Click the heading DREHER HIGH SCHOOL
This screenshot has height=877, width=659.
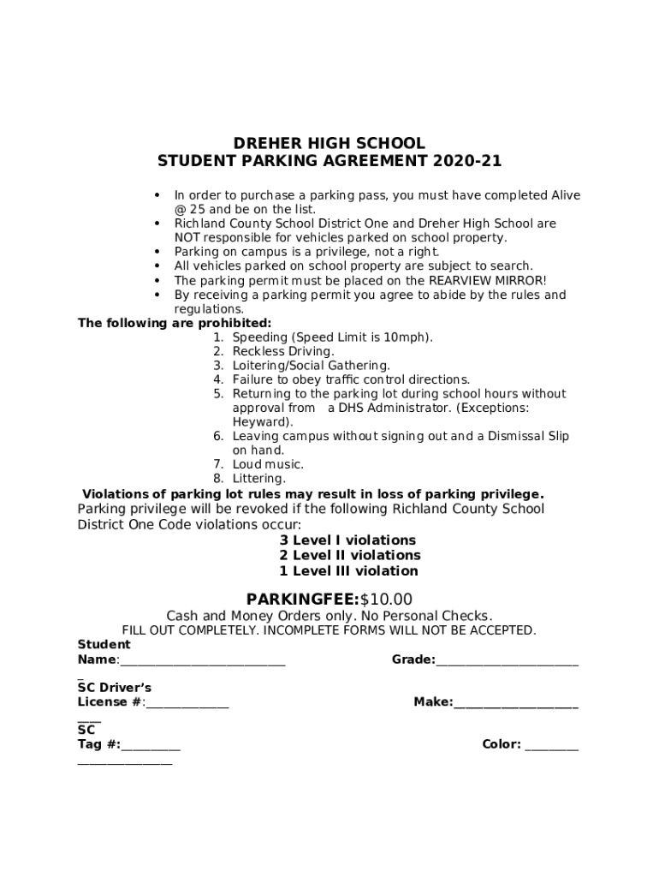click(329, 143)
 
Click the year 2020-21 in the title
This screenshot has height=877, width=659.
click(467, 161)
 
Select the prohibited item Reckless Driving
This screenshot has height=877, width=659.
click(283, 351)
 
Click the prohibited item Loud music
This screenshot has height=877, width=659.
click(268, 464)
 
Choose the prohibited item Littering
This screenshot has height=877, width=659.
click(259, 479)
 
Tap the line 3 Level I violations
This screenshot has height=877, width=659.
click(347, 540)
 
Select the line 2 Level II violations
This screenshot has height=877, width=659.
click(349, 556)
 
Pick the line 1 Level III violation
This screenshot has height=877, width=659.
click(348, 571)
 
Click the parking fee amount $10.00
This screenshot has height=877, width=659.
click(386, 599)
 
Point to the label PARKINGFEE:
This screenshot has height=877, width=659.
click(303, 599)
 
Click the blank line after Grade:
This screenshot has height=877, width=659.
click(507, 660)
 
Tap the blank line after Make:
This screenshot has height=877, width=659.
click(515, 703)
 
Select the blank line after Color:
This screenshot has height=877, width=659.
click(551, 745)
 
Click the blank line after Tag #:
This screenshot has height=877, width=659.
click(151, 745)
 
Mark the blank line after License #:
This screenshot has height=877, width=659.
click(187, 703)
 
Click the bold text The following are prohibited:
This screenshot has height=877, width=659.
click(175, 323)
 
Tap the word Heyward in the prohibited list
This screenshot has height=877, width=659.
click(260, 422)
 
